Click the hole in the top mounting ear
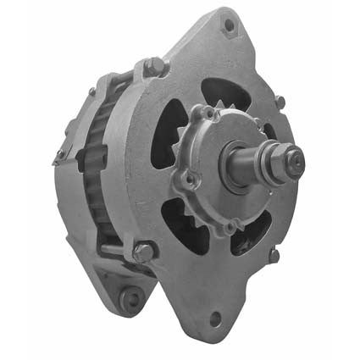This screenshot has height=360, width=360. pyautogui.click(x=230, y=25)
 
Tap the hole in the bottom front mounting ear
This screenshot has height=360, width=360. pyautogui.click(x=215, y=318)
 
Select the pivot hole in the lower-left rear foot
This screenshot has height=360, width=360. pyautogui.click(x=129, y=297)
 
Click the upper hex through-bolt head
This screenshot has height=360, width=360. pyautogui.click(x=153, y=65)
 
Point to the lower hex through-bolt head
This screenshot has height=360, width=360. pyautogui.click(x=144, y=252)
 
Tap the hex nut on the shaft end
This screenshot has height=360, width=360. pyautogui.click(x=292, y=160)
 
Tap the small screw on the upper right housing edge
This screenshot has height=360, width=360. pyautogui.click(x=280, y=102)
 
